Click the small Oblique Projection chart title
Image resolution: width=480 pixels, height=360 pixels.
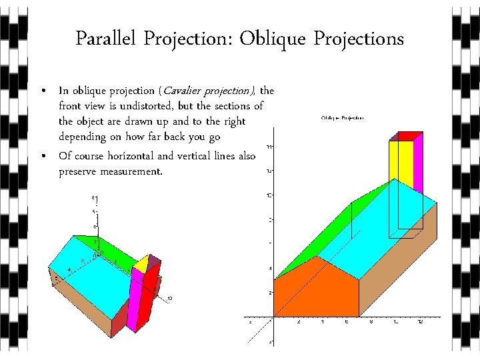coord(343,117)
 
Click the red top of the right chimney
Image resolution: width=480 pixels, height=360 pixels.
coord(408,136)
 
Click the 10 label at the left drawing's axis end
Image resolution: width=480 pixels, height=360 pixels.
coord(170,298)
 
